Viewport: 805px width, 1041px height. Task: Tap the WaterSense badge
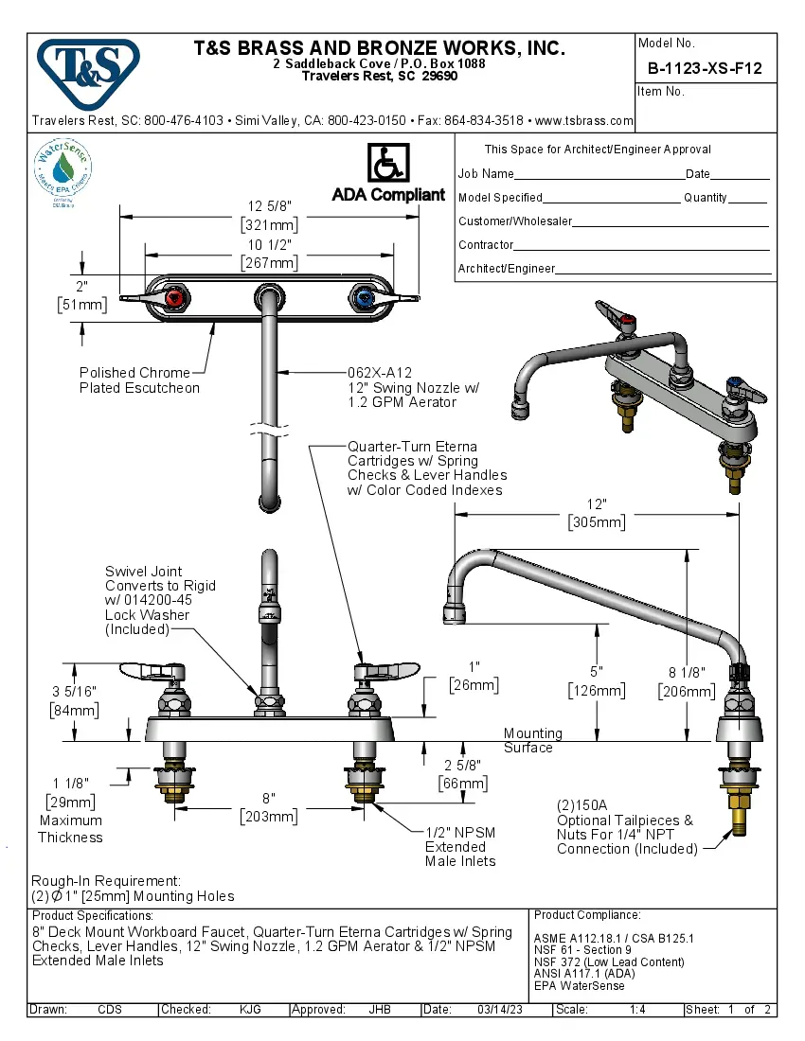tap(63, 171)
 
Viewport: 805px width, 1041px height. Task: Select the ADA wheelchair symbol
tap(386, 163)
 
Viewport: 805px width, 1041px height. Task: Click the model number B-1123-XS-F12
tap(705, 68)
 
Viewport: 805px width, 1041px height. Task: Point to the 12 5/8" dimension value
tap(269, 206)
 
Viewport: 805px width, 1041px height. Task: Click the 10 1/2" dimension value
tap(269, 244)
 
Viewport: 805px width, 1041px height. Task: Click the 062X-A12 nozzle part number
tap(380, 373)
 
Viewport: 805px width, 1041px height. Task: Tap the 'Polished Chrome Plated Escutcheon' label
tap(139, 380)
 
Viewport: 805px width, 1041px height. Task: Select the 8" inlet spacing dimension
tap(269, 798)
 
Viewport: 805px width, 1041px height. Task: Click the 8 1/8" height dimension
tap(686, 673)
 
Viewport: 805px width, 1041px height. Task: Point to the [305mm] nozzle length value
tap(596, 521)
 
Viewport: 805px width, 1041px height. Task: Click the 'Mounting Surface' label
tap(532, 740)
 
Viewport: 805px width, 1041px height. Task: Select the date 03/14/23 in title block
tap(498, 1010)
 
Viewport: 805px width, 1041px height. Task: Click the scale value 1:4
tap(637, 1010)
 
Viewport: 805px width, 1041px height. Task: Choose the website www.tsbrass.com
tap(583, 121)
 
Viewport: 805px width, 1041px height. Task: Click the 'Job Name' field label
tap(486, 174)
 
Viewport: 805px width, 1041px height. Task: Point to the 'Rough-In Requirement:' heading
tap(105, 880)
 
